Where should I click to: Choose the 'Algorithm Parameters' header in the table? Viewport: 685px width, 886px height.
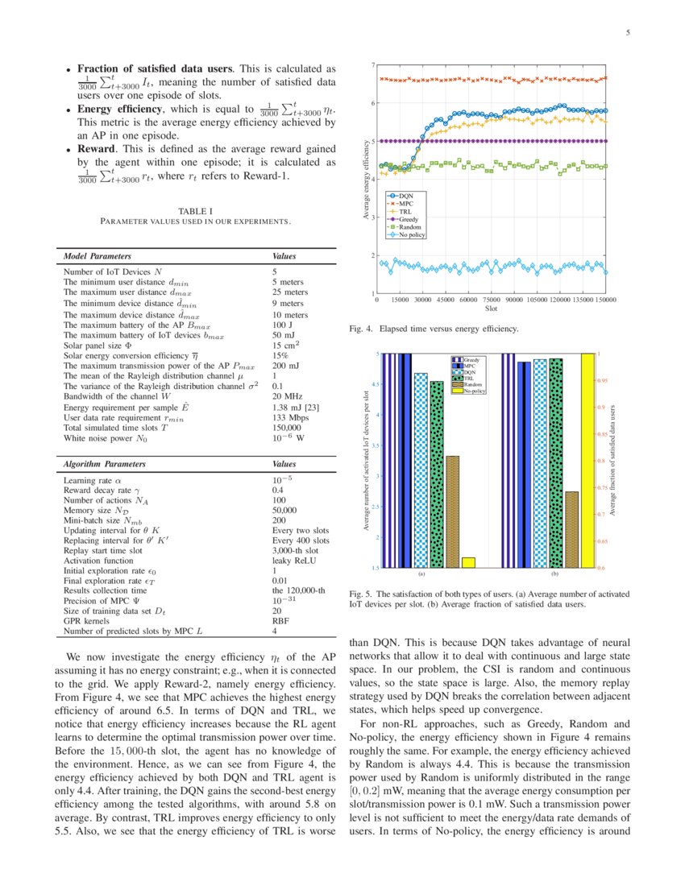(x=105, y=465)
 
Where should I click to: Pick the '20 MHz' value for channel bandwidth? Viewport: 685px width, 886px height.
(x=287, y=396)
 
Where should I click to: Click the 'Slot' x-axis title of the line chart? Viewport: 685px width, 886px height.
(x=492, y=308)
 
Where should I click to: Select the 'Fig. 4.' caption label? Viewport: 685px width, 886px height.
(x=360, y=329)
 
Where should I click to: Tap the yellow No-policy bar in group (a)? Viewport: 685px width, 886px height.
(x=468, y=561)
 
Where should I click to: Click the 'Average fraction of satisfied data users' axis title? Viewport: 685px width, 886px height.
(x=613, y=460)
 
